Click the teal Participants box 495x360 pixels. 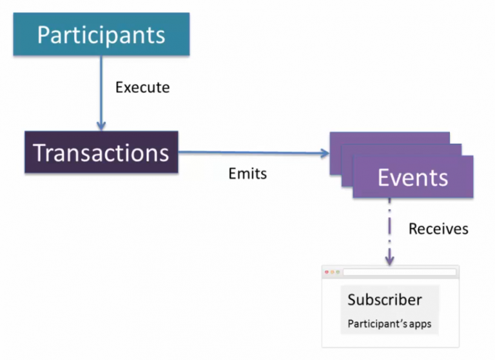(101, 34)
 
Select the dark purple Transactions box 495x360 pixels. (101, 152)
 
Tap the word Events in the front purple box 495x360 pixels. (413, 177)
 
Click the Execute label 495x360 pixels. (142, 88)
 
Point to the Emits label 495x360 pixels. (247, 174)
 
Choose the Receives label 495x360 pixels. (438, 229)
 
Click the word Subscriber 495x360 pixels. (385, 299)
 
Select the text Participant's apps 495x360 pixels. (389, 324)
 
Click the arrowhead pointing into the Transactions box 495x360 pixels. (101, 126)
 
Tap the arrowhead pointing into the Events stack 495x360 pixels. (325, 154)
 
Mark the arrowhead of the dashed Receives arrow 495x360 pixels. (389, 261)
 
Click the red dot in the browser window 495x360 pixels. (327, 272)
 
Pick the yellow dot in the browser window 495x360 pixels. (332, 272)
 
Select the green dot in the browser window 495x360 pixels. (338, 272)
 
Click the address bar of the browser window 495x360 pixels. (400, 272)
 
